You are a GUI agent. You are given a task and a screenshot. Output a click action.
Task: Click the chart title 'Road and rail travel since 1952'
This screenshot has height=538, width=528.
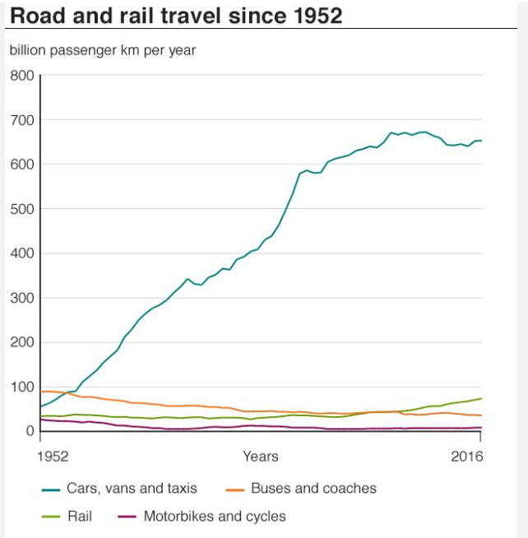(x=176, y=16)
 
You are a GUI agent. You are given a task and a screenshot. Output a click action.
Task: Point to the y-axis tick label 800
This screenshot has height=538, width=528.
(x=21, y=76)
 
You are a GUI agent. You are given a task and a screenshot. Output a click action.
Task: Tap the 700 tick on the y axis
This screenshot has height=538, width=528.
(x=21, y=120)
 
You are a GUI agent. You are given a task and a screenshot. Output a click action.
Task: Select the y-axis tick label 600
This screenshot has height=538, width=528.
(x=21, y=165)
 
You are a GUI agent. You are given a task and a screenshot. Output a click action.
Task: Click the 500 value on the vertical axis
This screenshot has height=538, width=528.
(x=21, y=209)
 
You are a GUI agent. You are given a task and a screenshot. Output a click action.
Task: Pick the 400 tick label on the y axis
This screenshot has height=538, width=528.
(x=21, y=253)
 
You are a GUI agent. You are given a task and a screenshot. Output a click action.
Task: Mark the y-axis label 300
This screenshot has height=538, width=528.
(x=21, y=298)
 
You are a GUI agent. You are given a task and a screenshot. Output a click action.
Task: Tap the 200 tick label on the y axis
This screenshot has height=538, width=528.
(x=21, y=342)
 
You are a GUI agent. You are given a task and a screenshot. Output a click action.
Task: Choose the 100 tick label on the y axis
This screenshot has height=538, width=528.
(x=21, y=387)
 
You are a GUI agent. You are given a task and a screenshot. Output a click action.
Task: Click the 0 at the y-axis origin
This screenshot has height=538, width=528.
(x=30, y=431)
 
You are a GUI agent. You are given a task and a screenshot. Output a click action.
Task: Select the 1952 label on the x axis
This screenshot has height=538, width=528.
(x=54, y=456)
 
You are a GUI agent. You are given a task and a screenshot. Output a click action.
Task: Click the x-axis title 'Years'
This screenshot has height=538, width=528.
(x=260, y=456)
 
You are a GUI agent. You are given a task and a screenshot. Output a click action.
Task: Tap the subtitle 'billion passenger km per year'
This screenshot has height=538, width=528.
(x=103, y=50)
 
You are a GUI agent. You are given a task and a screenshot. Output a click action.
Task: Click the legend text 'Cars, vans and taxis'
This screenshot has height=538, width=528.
(x=132, y=489)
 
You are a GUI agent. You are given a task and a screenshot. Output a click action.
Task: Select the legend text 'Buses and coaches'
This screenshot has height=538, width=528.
(x=313, y=489)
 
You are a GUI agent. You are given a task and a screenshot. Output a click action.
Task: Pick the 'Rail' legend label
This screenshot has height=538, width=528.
(x=80, y=517)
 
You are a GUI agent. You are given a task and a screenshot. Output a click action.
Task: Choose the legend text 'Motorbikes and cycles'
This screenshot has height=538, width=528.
(x=215, y=517)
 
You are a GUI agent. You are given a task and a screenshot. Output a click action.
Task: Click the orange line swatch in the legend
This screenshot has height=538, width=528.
(x=235, y=489)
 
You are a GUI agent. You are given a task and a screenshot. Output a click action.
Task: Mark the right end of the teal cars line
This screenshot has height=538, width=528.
(x=481, y=141)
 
